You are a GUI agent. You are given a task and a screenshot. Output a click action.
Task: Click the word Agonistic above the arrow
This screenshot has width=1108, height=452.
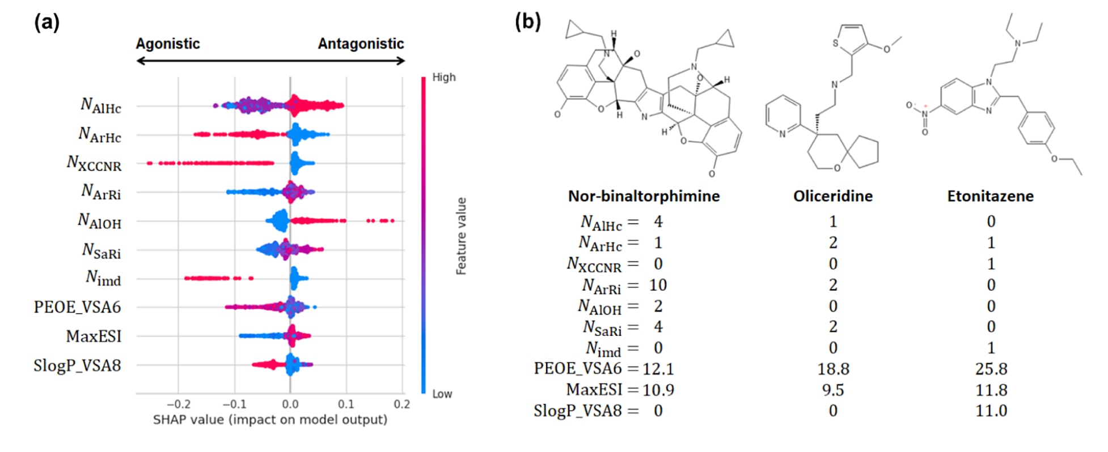(168, 44)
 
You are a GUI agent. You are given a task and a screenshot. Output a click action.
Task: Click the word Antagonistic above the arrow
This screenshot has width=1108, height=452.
(361, 44)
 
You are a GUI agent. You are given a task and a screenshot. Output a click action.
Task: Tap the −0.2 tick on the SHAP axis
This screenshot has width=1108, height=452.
(178, 404)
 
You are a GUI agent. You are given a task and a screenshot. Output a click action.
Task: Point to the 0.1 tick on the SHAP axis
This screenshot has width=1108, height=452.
(346, 404)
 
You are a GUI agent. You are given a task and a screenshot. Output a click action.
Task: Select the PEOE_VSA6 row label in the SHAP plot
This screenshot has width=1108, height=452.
(77, 307)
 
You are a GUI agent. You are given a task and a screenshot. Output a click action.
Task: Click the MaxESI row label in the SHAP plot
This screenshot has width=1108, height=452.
(94, 336)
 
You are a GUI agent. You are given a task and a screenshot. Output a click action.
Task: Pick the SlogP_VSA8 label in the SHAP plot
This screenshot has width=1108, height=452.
(77, 365)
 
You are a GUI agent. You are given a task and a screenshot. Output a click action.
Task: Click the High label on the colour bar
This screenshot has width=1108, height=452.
(444, 77)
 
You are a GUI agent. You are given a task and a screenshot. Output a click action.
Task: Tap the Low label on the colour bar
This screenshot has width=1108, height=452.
(442, 394)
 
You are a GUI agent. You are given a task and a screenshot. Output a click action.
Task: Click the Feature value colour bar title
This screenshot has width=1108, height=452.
(461, 236)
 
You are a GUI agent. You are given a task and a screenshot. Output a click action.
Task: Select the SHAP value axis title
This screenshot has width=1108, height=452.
(270, 420)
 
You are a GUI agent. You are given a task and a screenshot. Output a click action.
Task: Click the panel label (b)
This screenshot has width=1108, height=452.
(528, 22)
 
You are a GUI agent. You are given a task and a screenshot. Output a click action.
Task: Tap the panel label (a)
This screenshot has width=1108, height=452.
(47, 23)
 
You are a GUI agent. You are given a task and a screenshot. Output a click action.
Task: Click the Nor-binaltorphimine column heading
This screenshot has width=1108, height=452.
(644, 197)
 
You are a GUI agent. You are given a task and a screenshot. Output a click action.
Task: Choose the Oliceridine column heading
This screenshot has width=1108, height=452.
(832, 197)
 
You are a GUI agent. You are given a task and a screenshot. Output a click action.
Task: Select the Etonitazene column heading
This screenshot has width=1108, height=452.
(990, 197)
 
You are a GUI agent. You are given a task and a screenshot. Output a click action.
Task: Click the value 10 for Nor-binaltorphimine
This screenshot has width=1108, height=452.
(658, 285)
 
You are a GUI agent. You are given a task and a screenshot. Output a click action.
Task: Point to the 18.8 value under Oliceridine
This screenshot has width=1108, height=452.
(833, 369)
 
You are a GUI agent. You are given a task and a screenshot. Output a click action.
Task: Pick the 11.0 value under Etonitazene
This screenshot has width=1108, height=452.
(991, 411)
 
